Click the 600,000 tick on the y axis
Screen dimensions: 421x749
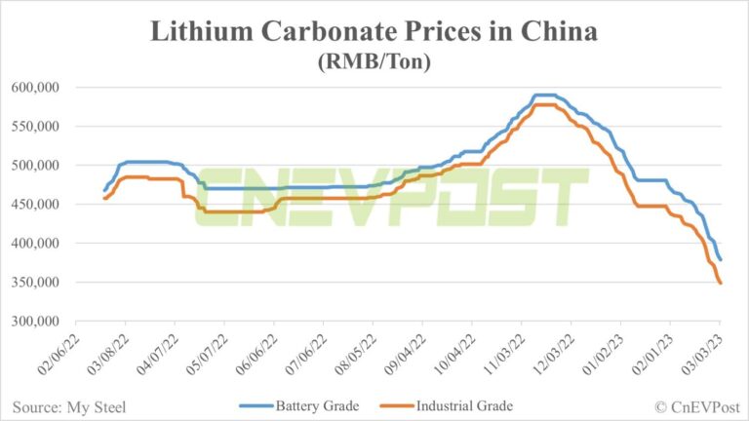[34, 88]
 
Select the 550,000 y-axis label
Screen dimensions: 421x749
[34, 127]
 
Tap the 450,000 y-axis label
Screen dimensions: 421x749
[34, 205]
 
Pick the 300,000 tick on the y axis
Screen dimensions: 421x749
[34, 322]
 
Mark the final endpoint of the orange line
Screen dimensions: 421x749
[721, 283]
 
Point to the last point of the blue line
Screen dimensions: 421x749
[721, 259]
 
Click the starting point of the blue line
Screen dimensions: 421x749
[104, 190]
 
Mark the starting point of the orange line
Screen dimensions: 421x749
[104, 198]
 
